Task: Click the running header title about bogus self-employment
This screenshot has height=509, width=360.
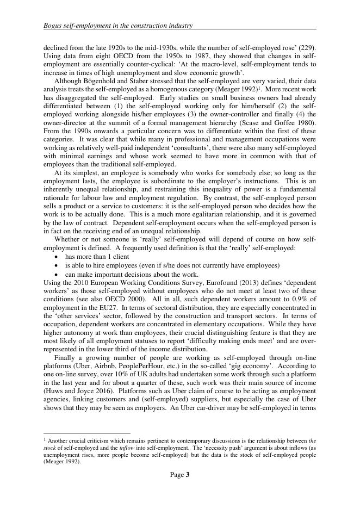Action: tap(118, 25)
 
